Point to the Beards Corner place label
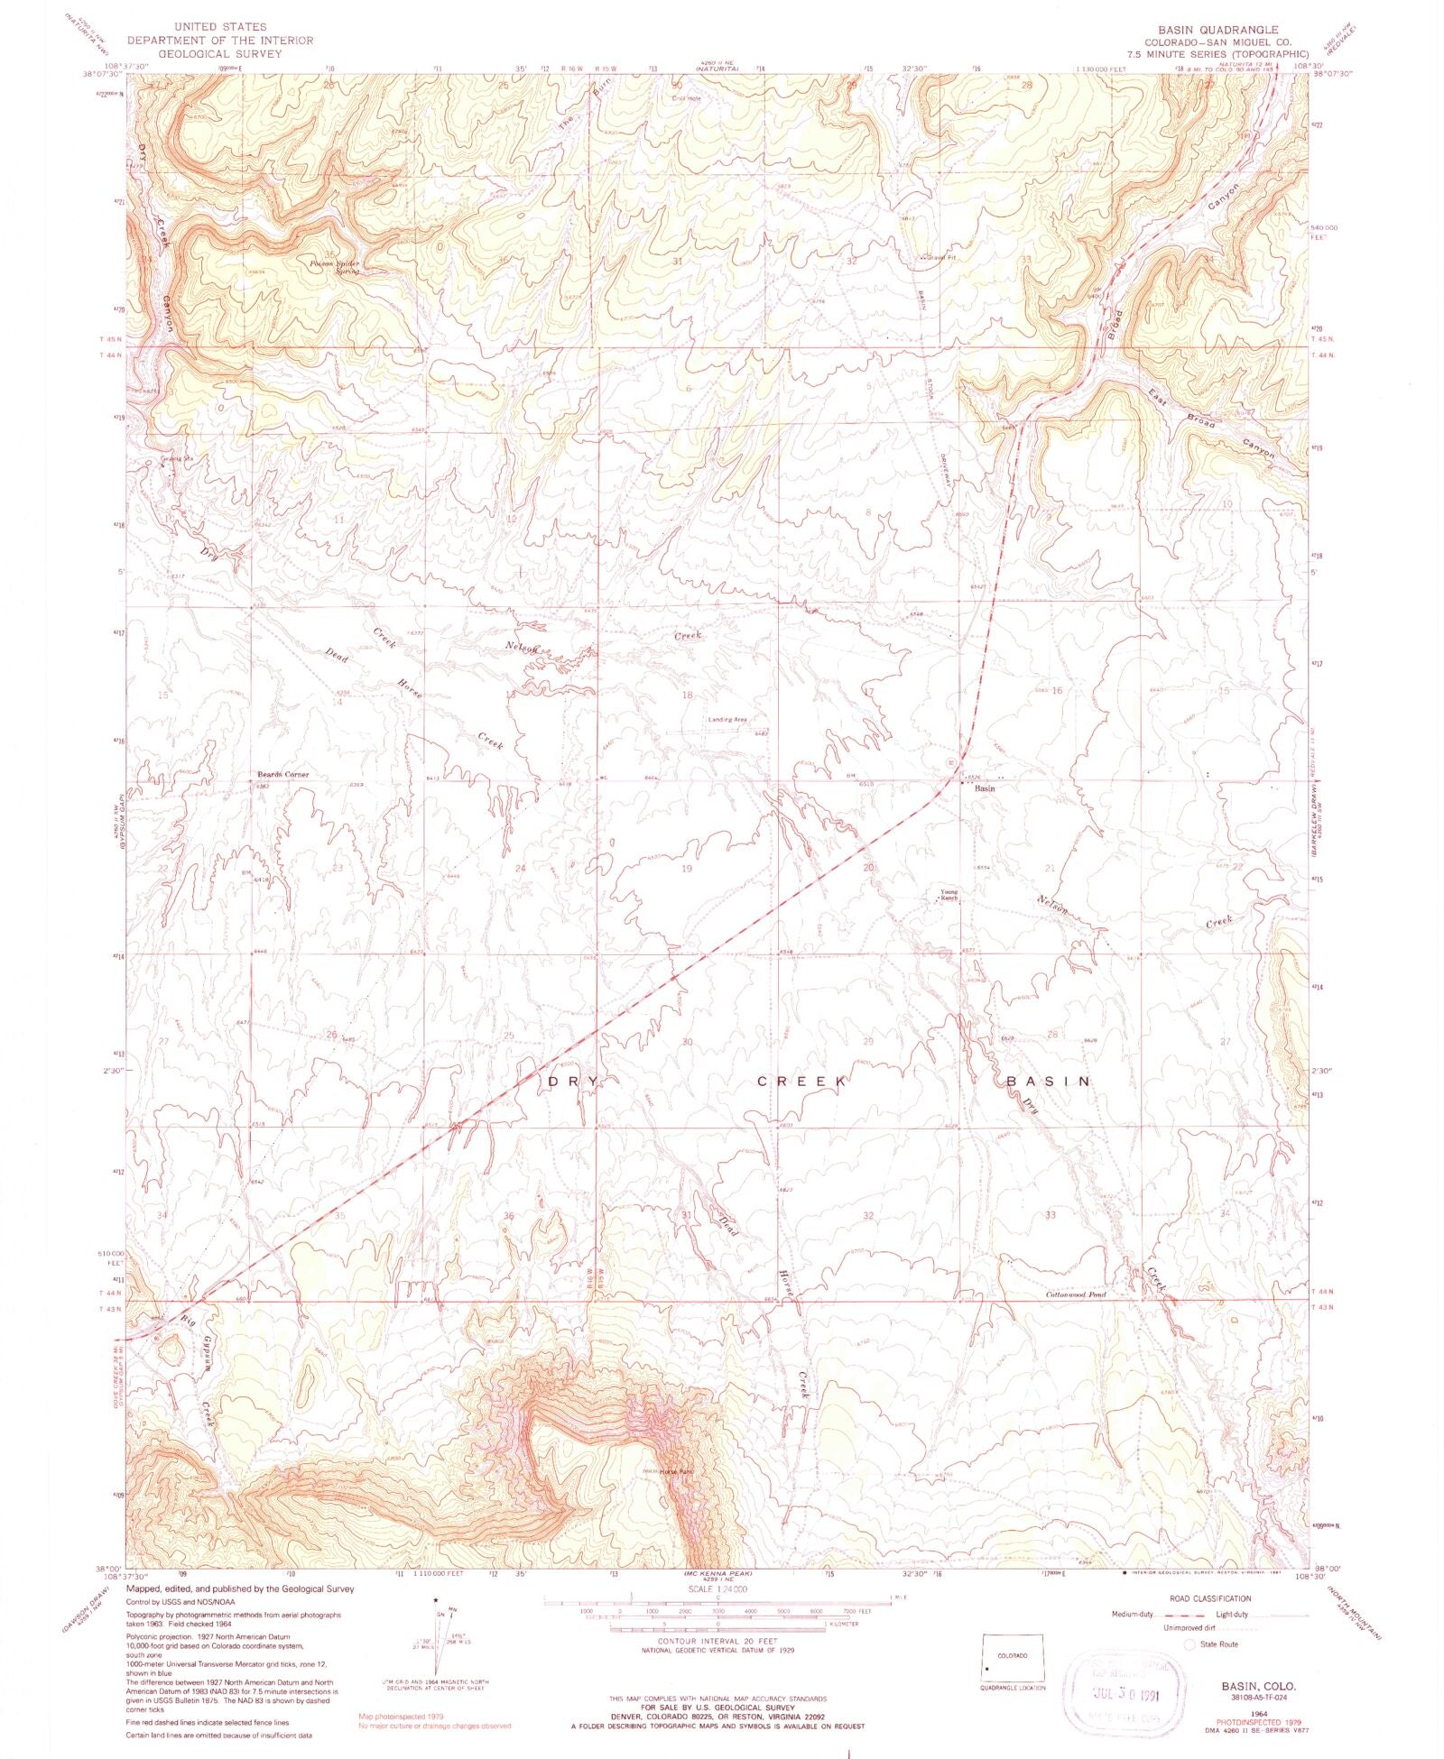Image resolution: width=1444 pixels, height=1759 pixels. (282, 774)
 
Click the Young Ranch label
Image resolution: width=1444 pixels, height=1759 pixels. (949, 895)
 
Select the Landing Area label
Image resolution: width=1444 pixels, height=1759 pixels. (727, 719)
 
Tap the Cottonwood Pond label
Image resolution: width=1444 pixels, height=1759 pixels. (1075, 1294)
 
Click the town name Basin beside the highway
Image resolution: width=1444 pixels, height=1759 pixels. (985, 788)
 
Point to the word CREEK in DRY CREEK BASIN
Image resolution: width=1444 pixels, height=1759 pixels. (801, 1081)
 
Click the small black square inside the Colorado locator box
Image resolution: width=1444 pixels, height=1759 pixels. (987, 1668)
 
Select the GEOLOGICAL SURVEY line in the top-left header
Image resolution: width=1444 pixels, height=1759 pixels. (221, 54)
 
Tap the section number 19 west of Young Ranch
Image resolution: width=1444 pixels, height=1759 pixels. (687, 869)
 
